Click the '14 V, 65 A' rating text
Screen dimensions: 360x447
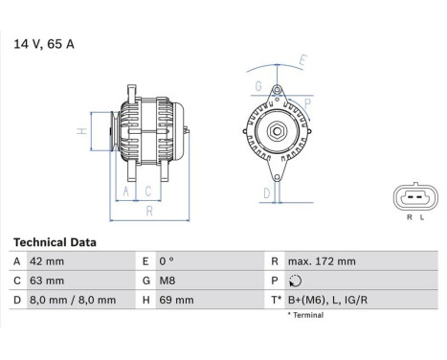(44, 43)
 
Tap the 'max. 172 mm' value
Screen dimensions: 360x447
(323, 261)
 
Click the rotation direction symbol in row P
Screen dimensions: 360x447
(294, 281)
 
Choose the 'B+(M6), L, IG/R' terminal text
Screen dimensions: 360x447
(328, 300)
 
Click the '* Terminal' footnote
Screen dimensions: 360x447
(310, 314)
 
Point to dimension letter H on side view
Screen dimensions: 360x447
(83, 130)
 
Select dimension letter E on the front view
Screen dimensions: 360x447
(302, 59)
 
